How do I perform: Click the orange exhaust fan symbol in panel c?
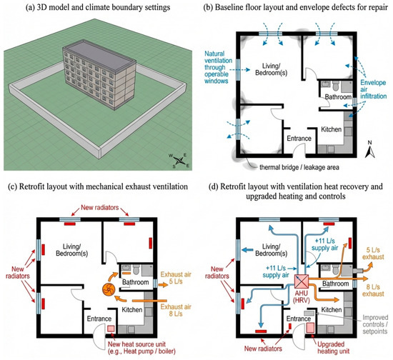109,289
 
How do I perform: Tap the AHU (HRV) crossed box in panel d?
302,281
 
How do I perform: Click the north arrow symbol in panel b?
369,149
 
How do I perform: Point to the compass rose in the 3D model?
179,160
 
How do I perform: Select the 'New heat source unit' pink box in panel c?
111,329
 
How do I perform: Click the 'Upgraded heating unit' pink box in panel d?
310,328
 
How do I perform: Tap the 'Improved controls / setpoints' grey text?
374,324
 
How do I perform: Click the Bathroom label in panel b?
338,96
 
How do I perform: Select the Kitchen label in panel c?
132,310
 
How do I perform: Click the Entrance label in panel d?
299,319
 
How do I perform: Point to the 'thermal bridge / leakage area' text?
299,167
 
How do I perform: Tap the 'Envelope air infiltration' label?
373,89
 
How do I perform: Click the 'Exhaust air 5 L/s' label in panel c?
176,278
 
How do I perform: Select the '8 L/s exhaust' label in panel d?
373,290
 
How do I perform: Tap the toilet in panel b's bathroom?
336,86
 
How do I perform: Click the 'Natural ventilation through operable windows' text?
218,67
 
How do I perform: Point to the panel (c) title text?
98,186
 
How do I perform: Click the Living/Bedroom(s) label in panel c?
71,250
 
